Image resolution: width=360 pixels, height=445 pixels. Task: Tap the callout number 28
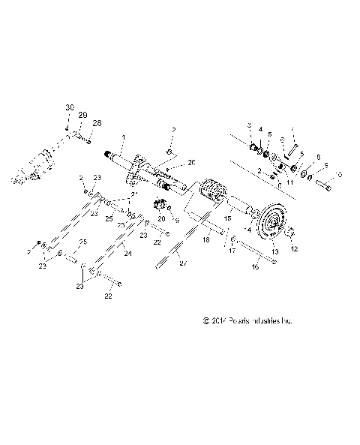pyautogui.click(x=97, y=122)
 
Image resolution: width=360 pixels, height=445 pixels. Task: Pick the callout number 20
pyautogui.click(x=160, y=218)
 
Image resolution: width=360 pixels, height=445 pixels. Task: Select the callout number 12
pyautogui.click(x=294, y=248)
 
